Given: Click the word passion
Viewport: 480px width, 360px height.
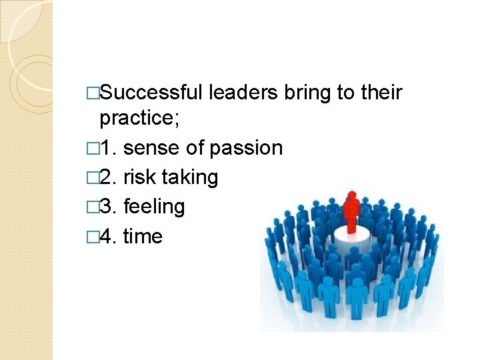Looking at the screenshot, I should click(247, 148).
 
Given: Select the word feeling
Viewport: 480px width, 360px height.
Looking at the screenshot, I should click(154, 207).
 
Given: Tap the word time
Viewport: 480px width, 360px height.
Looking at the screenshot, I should click(143, 236).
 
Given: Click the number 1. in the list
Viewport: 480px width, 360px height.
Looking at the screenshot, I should click(111, 148).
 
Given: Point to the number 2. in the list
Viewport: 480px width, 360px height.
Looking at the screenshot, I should click(111, 177).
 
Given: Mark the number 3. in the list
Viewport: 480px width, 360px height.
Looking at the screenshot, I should click(111, 207).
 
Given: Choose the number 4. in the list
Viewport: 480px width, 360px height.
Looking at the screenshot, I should click(111, 236).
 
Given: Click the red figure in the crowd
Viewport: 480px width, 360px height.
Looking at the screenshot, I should click(351, 210).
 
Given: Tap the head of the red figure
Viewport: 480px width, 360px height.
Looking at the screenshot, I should click(351, 196).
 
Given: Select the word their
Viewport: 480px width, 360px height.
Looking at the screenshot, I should click(381, 92).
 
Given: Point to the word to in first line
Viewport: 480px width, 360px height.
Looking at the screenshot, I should click(346, 92).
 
